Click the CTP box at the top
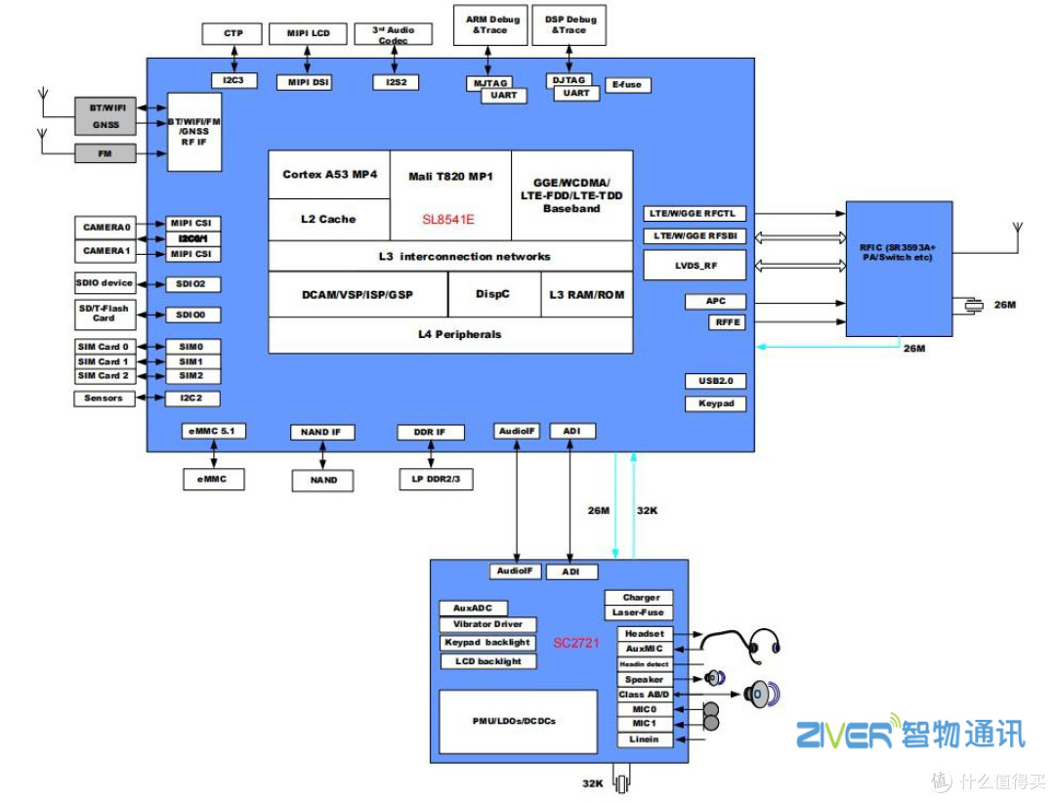point(232,34)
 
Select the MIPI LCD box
point(308,34)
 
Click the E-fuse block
point(627,85)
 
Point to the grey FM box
point(105,153)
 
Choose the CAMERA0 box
point(106,227)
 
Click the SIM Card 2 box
point(105,376)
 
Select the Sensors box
point(104,399)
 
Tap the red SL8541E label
point(448,220)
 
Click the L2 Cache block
point(328,219)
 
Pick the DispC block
point(493,294)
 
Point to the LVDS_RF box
point(696,265)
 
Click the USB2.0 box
point(715,381)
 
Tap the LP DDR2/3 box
point(437,480)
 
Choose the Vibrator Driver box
point(487,624)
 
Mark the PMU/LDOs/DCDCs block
point(518,721)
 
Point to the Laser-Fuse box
point(638,613)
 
